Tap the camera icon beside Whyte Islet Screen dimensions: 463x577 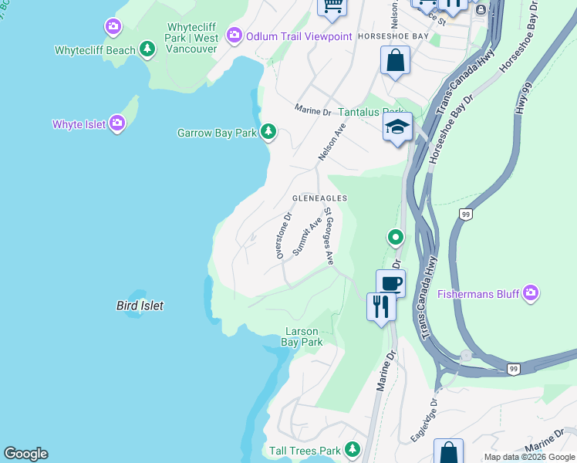(x=117, y=123)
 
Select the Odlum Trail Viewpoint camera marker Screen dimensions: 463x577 (x=234, y=35)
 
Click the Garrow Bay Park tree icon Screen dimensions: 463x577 (x=268, y=133)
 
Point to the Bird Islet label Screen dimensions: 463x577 (x=140, y=306)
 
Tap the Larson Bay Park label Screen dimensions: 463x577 (x=301, y=336)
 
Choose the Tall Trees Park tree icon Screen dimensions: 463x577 (x=353, y=449)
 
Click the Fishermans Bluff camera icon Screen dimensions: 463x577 (x=530, y=293)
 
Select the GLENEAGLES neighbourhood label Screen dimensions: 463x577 (x=319, y=198)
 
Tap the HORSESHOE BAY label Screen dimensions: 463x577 (x=390, y=36)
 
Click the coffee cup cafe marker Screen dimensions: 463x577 (x=391, y=282)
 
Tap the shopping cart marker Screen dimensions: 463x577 (x=332, y=6)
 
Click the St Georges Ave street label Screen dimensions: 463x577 (x=329, y=236)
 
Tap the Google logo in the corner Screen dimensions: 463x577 (x=25, y=454)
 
